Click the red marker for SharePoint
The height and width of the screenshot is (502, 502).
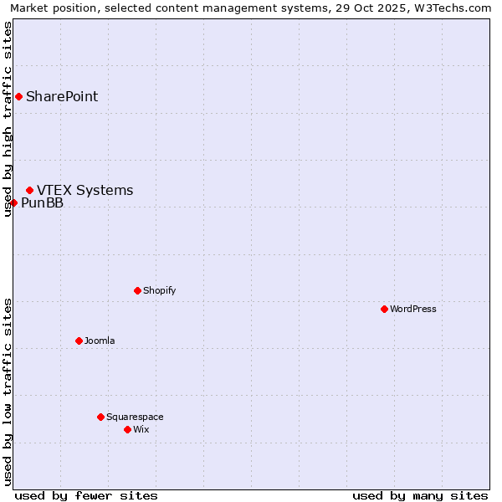(18, 96)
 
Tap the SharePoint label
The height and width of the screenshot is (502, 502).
(62, 96)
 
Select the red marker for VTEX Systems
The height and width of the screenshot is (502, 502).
(29, 191)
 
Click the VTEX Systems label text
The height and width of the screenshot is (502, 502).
(85, 191)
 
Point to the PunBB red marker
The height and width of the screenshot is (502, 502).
(13, 202)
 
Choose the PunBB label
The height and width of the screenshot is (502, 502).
(42, 203)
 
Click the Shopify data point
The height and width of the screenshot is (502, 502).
(137, 290)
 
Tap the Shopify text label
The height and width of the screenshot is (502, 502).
(159, 290)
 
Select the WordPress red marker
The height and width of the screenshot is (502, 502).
(384, 309)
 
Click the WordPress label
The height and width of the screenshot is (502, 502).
(413, 309)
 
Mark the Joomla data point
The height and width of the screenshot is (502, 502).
(79, 341)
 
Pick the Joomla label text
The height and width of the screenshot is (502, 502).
(100, 341)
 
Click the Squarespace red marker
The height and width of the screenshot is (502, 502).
(100, 417)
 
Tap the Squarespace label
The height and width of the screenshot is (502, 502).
(135, 417)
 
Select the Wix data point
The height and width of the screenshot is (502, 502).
(127, 429)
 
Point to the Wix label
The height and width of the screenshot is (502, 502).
(141, 429)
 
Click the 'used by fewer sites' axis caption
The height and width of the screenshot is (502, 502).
(86, 495)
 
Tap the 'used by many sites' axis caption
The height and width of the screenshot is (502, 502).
(420, 495)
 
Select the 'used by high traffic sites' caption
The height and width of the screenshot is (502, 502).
(8, 120)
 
